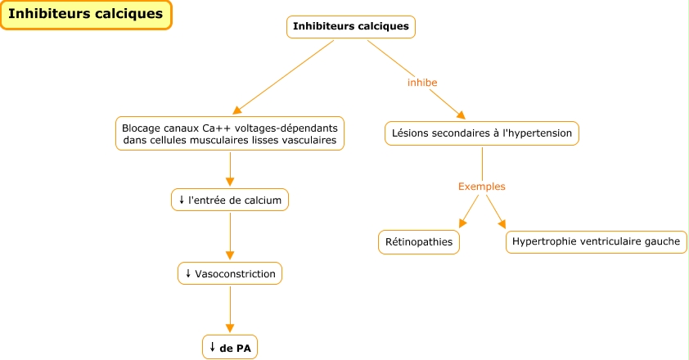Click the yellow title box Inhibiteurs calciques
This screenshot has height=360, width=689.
coord(86,15)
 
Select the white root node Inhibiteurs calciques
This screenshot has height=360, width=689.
coord(350,27)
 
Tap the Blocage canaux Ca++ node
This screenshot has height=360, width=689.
coord(229,134)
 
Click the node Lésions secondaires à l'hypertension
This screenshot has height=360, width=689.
coord(482,133)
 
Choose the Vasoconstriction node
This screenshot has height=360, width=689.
coord(229,273)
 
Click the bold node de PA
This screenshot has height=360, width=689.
coord(229,348)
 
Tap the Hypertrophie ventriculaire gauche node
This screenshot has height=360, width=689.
coord(596,242)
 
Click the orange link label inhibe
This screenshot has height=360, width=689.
coord(422,83)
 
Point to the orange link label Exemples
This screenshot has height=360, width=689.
coord(481,187)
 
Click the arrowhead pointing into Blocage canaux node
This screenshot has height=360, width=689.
coord(238,110)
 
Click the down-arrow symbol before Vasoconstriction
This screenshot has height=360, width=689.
coord(188,273)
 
